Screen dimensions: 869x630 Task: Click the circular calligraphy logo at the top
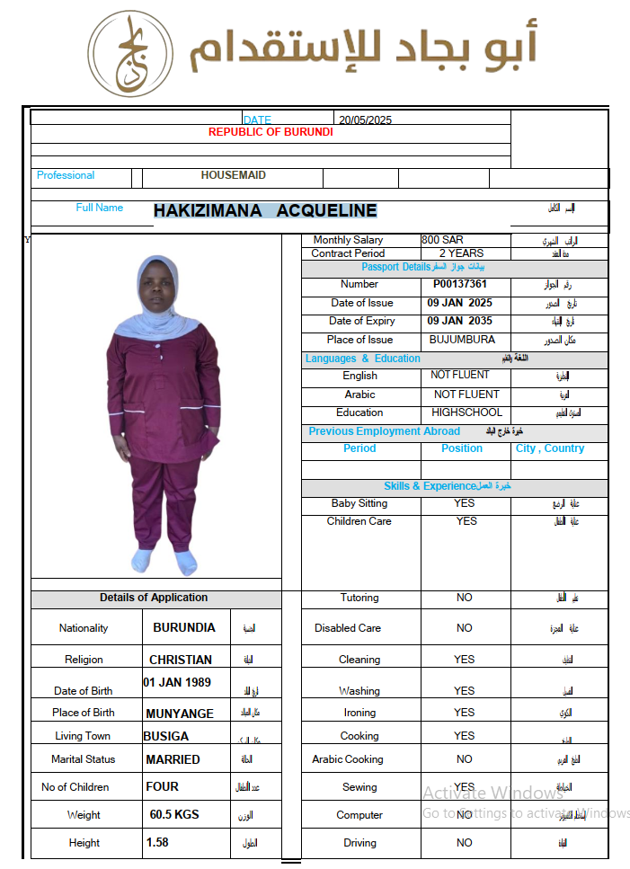130,54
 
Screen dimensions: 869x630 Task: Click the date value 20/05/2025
365,120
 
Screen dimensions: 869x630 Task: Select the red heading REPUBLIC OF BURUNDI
271,132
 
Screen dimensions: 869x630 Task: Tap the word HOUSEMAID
234,176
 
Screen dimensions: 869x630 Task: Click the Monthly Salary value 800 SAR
442,240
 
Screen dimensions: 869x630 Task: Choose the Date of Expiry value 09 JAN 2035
460,321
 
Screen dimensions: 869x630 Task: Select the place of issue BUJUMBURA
462,340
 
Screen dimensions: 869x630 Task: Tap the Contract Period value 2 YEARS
461,253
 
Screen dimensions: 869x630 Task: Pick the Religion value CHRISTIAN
181,660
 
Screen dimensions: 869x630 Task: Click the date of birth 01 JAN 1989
177,682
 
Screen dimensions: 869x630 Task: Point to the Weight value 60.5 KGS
174,815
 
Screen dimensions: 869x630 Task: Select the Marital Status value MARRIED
173,759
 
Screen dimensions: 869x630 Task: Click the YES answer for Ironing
464,713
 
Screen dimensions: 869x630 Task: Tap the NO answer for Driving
464,843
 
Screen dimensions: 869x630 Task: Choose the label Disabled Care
348,628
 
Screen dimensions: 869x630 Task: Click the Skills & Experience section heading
447,486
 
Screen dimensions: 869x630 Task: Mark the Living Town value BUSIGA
166,736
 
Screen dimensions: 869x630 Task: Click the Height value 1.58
157,843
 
